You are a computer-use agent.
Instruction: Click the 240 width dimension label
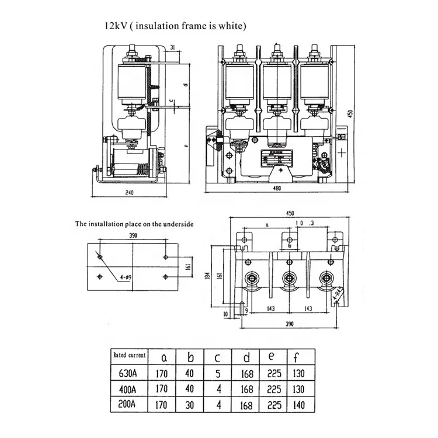tap(129, 192)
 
